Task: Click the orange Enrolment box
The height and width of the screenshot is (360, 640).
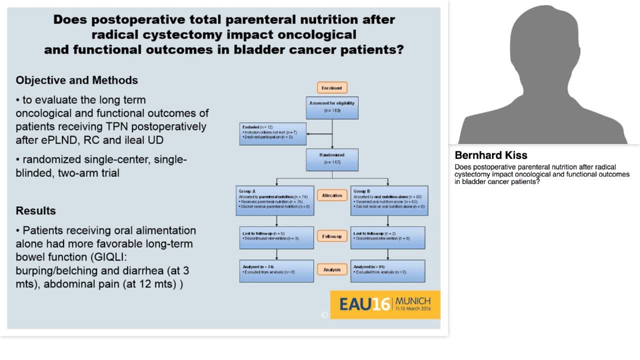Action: (x=332, y=88)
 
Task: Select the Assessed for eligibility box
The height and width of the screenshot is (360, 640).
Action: (x=332, y=107)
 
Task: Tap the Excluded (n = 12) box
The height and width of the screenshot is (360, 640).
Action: (x=272, y=133)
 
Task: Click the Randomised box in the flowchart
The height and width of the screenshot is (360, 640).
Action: (x=332, y=158)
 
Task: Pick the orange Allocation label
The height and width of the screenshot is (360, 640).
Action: (x=332, y=195)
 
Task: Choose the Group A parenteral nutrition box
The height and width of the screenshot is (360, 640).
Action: (x=275, y=200)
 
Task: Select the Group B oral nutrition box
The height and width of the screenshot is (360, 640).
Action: (x=389, y=200)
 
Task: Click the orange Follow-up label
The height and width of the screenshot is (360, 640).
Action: (x=332, y=236)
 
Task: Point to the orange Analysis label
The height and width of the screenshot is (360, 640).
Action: (x=332, y=270)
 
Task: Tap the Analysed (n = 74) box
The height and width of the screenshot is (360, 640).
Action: (x=276, y=270)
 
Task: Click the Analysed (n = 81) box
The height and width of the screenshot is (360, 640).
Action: (x=388, y=270)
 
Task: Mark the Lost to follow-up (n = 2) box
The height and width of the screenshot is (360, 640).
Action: (x=388, y=237)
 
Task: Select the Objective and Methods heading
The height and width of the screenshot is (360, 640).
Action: (x=76, y=80)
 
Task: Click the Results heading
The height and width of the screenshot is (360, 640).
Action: (x=35, y=210)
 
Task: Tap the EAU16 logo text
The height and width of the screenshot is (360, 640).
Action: (x=364, y=304)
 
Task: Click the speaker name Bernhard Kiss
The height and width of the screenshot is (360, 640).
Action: (x=491, y=155)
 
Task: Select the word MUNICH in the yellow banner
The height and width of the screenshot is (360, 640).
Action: (x=412, y=301)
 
